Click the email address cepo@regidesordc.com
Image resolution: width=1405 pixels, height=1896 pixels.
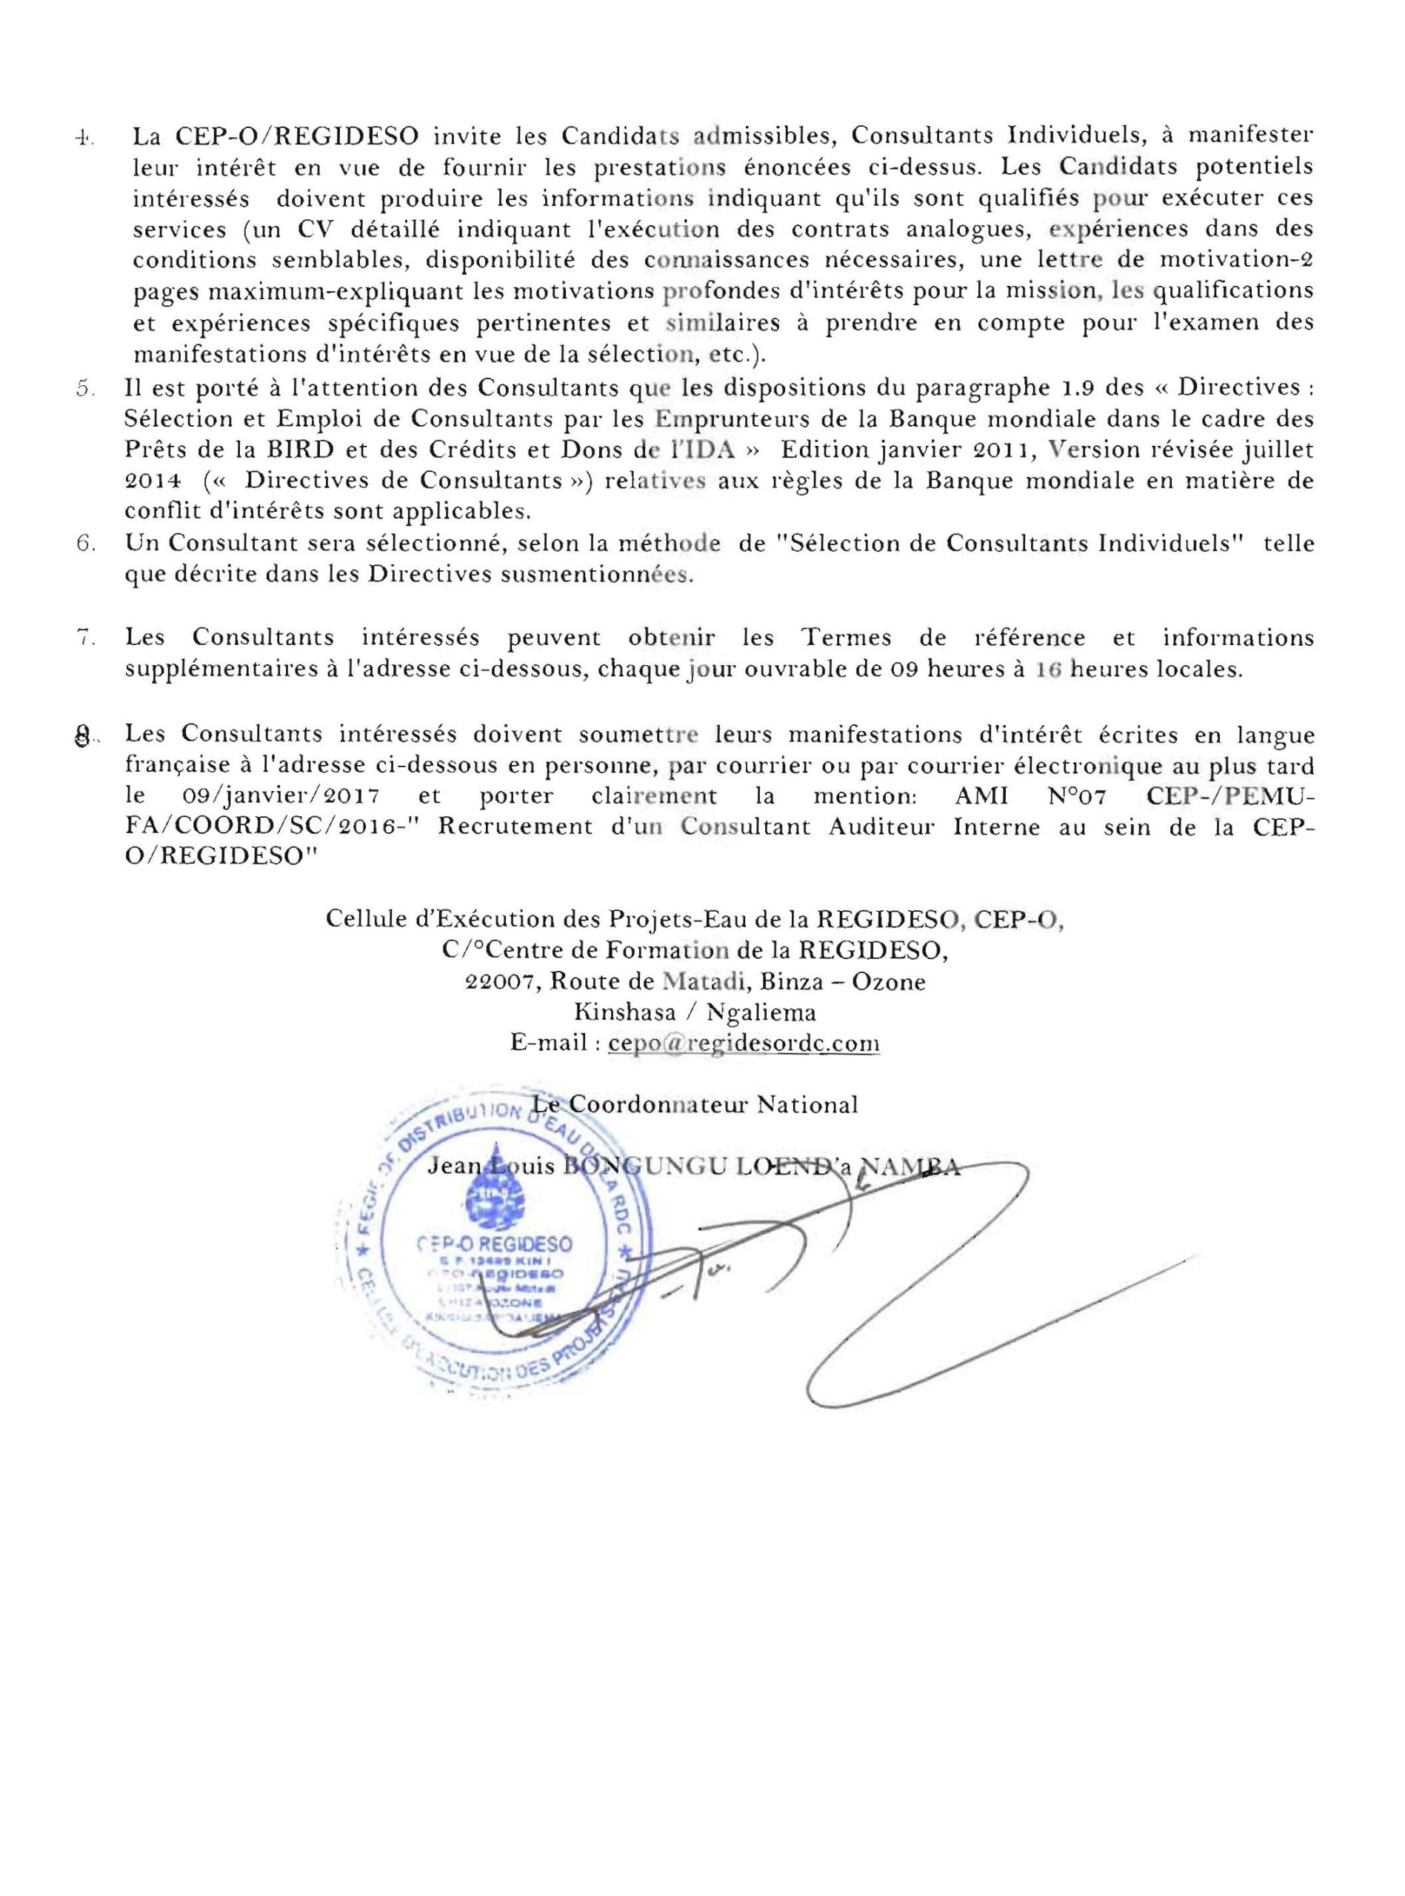[x=744, y=1044]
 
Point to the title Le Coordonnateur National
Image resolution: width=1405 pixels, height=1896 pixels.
[x=694, y=1104]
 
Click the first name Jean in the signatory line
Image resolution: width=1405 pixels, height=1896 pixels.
[x=455, y=1167]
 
